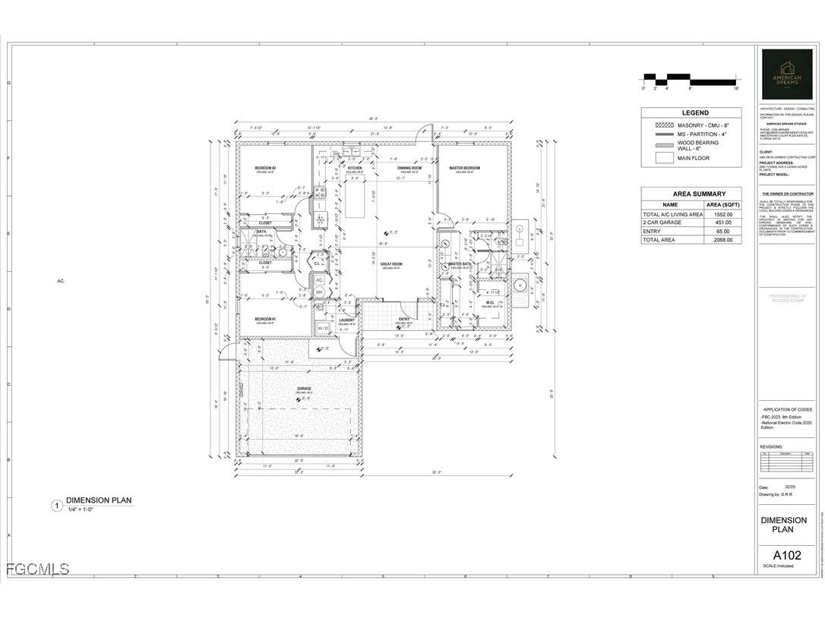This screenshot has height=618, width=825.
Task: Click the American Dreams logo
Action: click(785, 74)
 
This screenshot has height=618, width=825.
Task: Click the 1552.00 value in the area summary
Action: click(724, 215)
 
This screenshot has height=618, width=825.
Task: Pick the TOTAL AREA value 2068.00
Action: click(724, 240)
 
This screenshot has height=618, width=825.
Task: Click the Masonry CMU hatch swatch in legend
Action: click(664, 125)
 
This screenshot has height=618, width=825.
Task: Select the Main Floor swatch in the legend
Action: click(664, 159)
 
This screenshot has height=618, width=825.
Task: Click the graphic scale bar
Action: click(690, 78)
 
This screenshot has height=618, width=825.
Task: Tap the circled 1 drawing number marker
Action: click(55, 506)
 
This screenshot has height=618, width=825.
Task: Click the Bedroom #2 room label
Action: click(264, 168)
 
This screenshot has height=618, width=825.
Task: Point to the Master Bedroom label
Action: click(465, 168)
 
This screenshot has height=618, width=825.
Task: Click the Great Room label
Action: click(392, 264)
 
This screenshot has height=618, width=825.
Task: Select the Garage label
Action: click(304, 389)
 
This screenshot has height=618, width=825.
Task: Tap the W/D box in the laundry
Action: click(323, 328)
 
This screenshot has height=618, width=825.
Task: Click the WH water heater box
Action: click(319, 292)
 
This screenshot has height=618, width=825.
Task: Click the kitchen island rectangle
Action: click(356, 197)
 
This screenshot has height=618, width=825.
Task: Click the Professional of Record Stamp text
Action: click(787, 298)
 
